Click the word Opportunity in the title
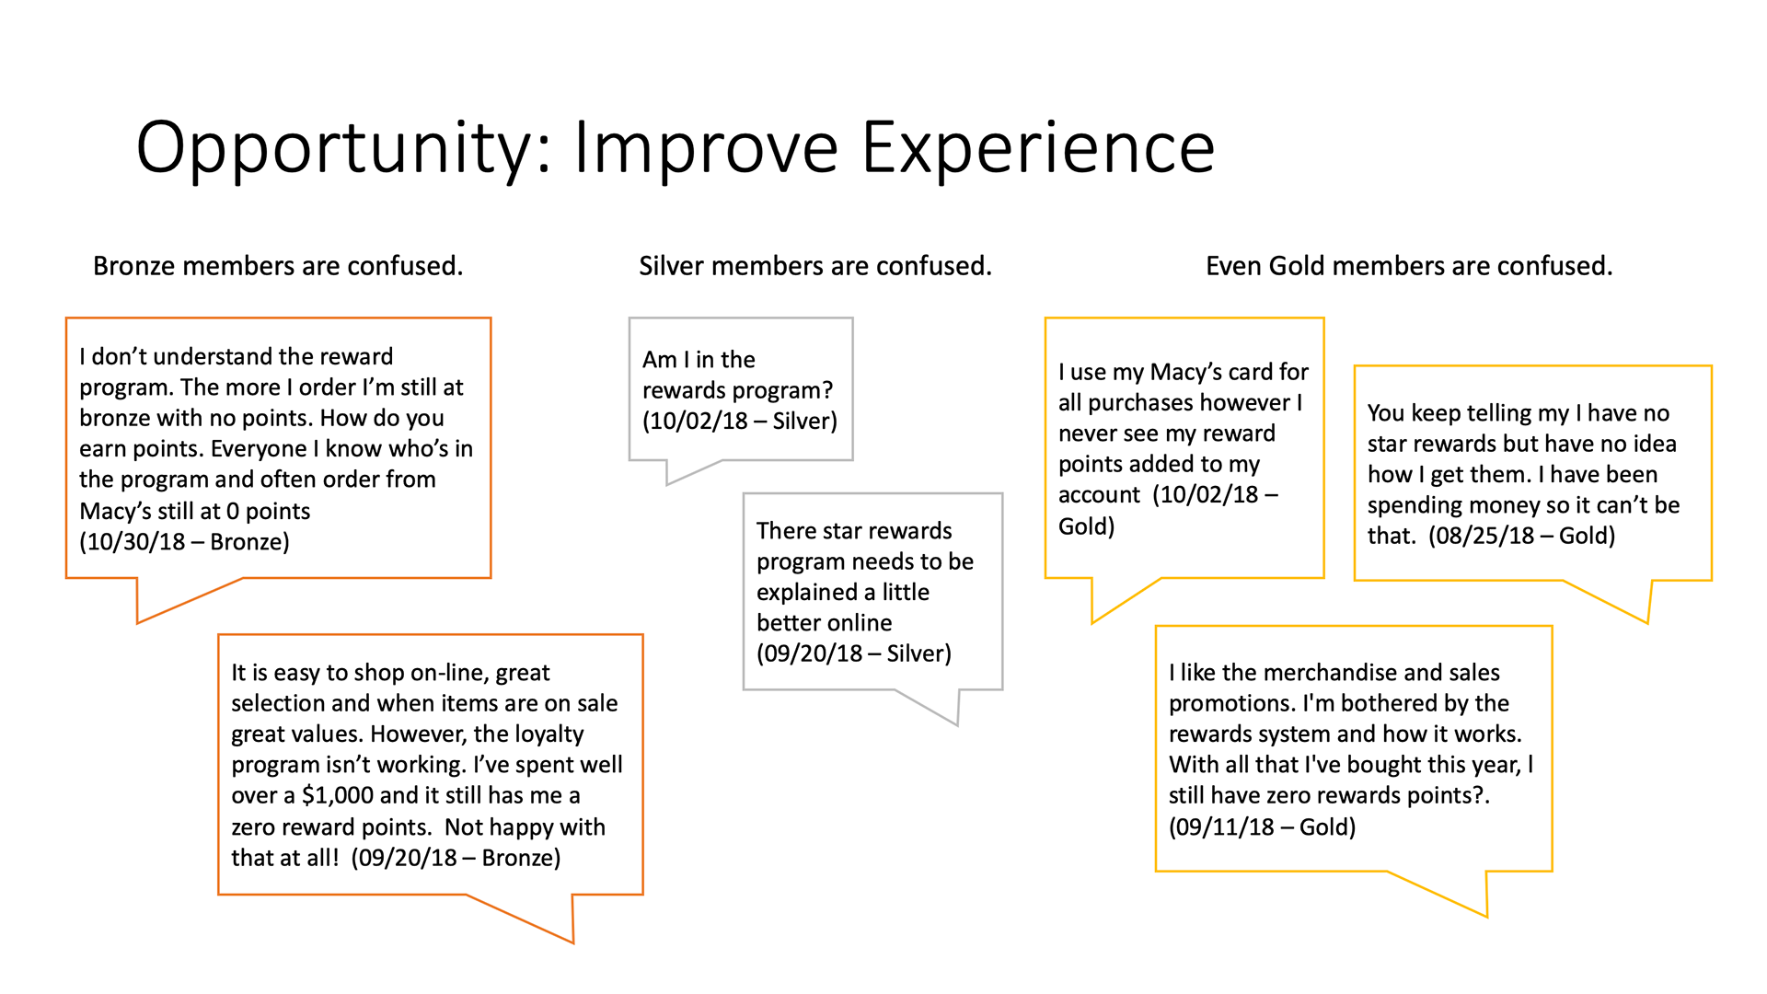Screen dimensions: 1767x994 click(343, 147)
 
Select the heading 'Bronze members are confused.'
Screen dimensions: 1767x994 click(278, 266)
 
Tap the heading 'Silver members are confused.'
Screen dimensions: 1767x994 click(815, 266)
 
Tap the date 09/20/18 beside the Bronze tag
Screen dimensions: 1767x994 click(407, 858)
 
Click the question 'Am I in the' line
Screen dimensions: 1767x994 click(699, 359)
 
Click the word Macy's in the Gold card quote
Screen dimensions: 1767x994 click(1186, 372)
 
